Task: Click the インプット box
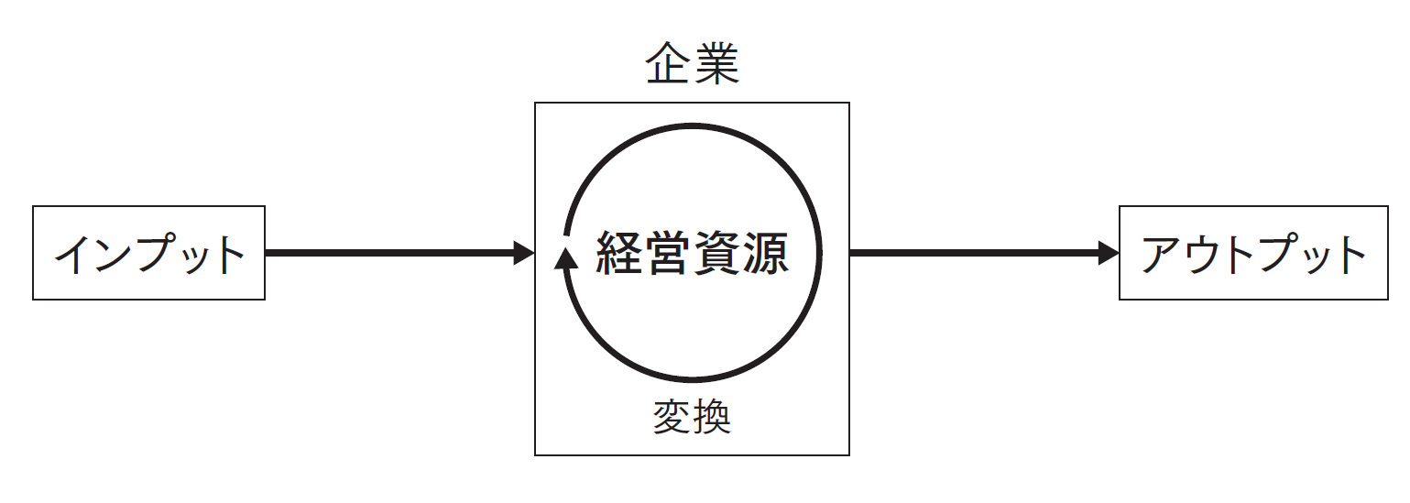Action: (148, 253)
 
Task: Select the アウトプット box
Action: (1252, 253)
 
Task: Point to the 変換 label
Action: (692, 418)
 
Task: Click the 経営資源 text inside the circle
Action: (692, 253)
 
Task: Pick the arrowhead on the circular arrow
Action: (566, 257)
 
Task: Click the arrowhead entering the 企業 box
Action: (524, 253)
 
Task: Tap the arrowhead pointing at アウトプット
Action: (1109, 253)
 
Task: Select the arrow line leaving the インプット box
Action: (385, 253)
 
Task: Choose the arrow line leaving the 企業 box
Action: (971, 253)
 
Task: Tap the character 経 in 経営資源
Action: (619, 253)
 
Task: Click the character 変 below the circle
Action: (672, 418)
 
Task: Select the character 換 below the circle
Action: (712, 418)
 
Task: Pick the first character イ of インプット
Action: (76, 254)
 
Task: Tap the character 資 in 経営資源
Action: (716, 253)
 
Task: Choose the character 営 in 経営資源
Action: (668, 253)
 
